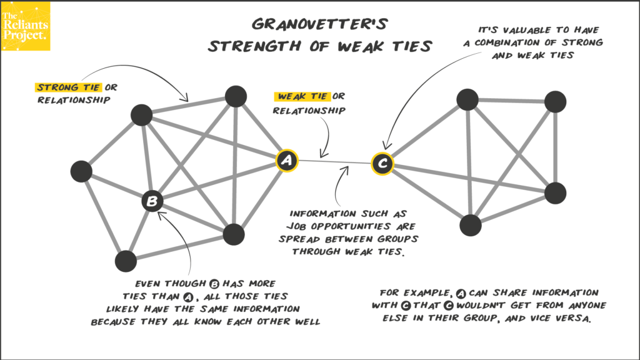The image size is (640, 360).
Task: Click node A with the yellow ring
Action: (287, 160)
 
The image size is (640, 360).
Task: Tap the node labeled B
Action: (152, 201)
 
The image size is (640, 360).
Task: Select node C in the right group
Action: (382, 164)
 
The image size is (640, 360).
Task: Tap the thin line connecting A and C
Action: (334, 162)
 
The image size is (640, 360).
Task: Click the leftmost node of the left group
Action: (81, 171)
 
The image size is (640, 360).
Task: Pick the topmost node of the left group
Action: (235, 96)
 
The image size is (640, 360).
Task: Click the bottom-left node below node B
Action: (126, 261)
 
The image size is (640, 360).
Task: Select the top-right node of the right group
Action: (555, 102)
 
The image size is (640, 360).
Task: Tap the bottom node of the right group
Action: (471, 225)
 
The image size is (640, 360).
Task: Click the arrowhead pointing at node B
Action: (161, 215)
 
